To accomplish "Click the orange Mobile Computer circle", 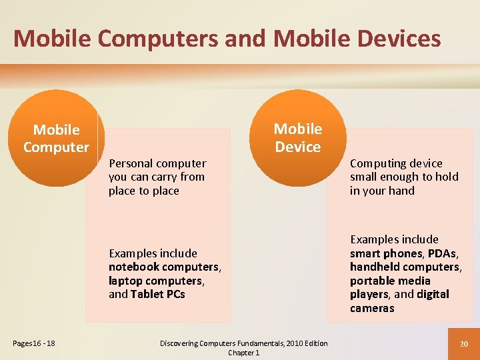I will [56, 138].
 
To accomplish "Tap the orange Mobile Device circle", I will [297, 138].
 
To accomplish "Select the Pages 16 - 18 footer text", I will [33, 343].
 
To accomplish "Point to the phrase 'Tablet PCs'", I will [158, 294].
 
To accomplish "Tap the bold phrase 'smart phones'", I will [386, 253].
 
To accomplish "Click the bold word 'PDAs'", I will [441, 253].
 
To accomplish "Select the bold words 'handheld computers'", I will [405, 267].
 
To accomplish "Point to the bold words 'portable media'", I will [390, 281].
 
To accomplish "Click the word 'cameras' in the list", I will [372, 308].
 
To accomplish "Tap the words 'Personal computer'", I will [157, 163].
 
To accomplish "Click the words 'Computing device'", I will [396, 163].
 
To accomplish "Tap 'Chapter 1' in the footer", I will [244, 353].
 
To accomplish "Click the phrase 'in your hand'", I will [382, 191].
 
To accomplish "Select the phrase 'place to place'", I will [144, 191].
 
